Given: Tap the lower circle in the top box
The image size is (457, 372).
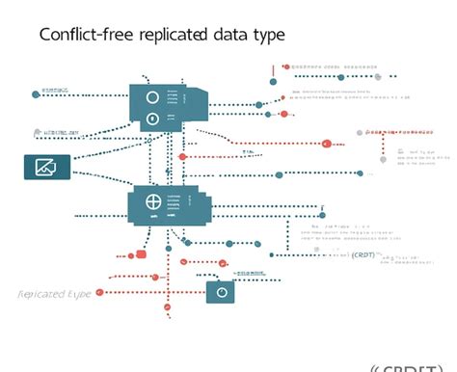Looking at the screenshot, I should (150, 120).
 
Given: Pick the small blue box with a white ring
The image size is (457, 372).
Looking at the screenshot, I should (220, 291).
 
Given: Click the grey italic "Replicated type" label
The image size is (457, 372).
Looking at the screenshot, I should (55, 293).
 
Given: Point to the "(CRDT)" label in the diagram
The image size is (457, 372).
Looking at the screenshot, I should (363, 254).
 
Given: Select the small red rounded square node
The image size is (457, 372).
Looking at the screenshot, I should (141, 254).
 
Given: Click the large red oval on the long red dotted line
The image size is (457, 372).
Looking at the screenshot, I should (326, 144).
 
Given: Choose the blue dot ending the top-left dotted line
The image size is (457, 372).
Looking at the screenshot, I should (37, 94).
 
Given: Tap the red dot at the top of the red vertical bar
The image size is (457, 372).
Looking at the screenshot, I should (285, 67).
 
